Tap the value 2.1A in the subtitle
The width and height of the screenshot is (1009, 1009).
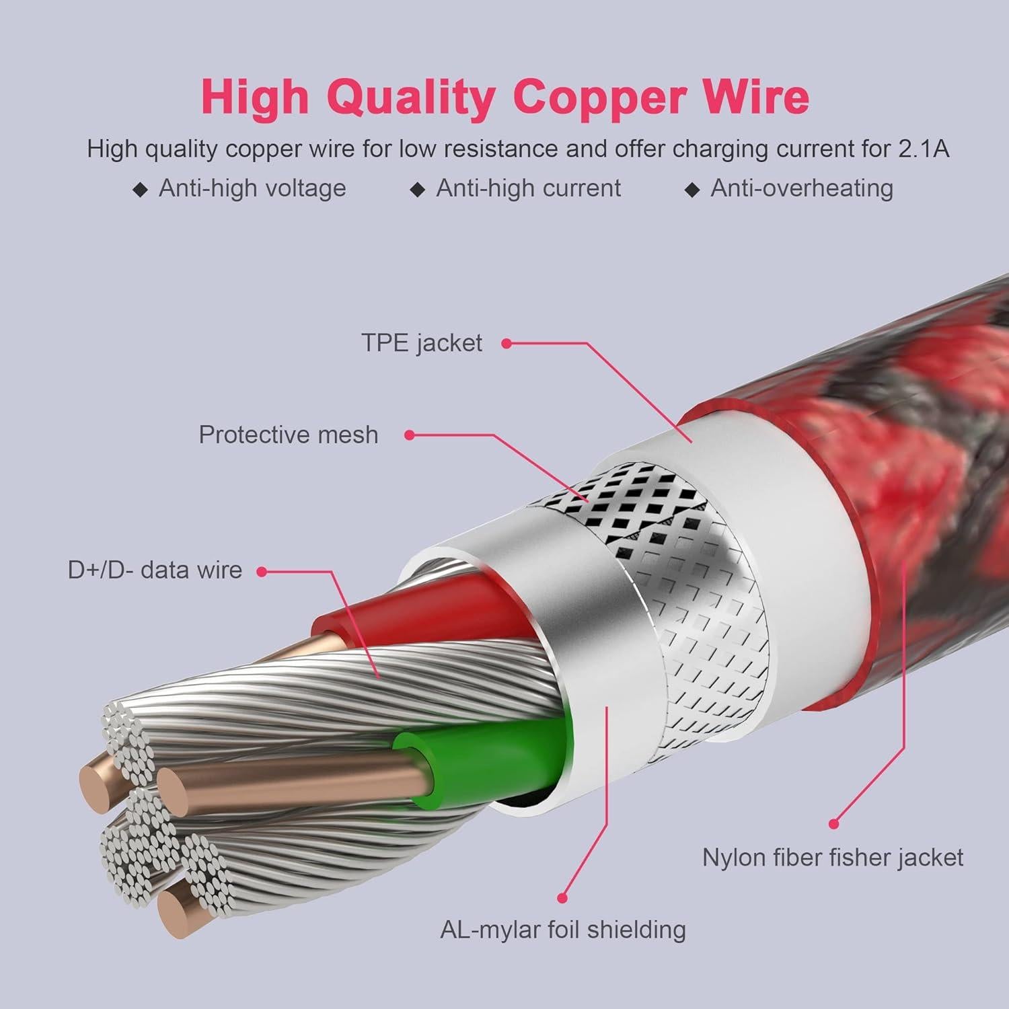924,149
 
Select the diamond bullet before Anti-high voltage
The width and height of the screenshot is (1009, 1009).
141,190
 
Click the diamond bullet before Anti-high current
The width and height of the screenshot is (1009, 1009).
418,190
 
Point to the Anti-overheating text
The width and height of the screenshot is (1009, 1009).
802,188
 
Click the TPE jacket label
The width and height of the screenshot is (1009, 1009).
422,343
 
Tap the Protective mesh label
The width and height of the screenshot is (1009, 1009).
289,435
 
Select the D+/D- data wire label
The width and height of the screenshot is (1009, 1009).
155,570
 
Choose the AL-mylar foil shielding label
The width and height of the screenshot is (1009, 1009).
563,930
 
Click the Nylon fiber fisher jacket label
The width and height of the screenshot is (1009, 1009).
833,858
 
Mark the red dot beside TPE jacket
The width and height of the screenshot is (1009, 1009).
507,343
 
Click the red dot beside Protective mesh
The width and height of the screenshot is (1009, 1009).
408,435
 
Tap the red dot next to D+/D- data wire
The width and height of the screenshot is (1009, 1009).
262,572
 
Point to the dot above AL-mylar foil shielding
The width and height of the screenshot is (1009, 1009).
563,897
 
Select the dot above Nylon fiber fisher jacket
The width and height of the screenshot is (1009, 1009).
834,823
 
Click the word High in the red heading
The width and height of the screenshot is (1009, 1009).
255,98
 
